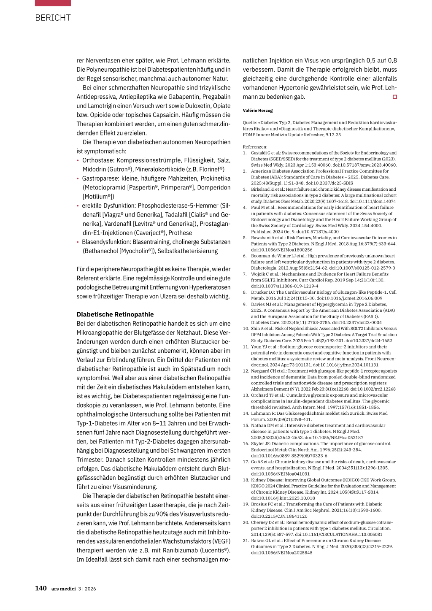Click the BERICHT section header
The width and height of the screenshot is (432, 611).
(53, 18)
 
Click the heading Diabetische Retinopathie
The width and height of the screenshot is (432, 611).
(115, 314)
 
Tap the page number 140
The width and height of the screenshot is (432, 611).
(40, 588)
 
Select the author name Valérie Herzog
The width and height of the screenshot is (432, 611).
(258, 111)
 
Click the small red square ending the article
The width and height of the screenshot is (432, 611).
(395, 97)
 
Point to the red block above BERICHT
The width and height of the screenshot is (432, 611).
(53, 3)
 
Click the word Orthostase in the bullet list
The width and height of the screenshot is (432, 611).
(97, 160)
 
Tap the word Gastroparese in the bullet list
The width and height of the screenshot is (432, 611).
(100, 178)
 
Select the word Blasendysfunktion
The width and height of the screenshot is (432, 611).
(105, 242)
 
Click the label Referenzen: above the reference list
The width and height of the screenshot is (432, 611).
(255, 147)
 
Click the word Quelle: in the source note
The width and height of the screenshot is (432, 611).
(250, 123)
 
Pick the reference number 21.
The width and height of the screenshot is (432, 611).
(246, 541)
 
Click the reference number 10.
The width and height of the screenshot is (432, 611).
(246, 329)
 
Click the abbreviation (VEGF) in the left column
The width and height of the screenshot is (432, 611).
(221, 541)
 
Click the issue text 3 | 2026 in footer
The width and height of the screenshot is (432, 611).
(87, 589)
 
